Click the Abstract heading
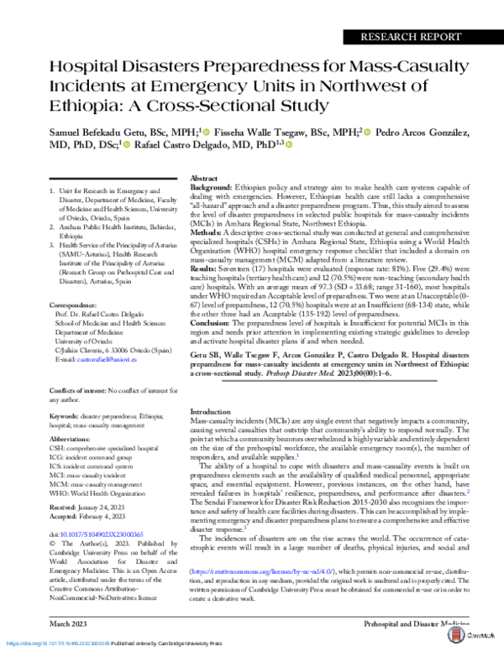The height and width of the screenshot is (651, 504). tap(205, 180)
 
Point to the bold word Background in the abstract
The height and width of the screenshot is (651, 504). tap(211, 190)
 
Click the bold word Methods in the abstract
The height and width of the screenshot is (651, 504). tap(206, 230)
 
